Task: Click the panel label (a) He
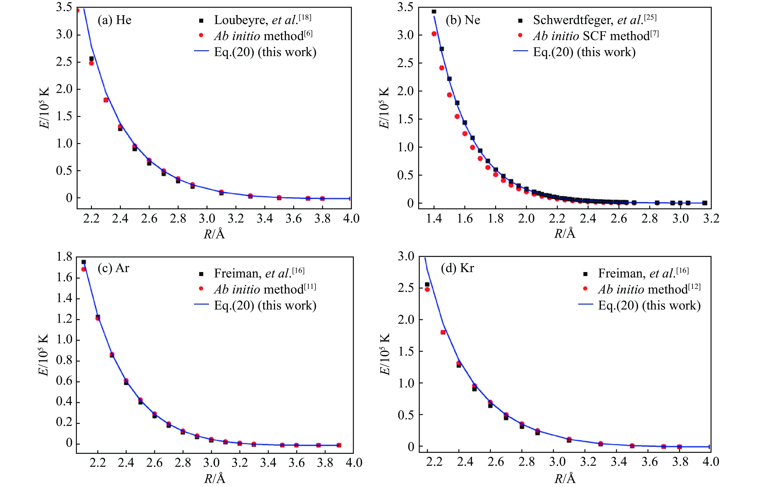click(x=114, y=20)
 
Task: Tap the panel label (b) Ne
click(x=463, y=20)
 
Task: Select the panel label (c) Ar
click(x=114, y=268)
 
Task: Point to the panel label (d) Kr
click(x=457, y=268)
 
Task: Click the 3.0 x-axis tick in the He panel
click(x=207, y=219)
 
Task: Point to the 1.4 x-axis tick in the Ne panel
click(x=434, y=219)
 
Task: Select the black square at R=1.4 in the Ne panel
click(x=434, y=12)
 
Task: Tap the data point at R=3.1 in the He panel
click(x=221, y=192)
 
